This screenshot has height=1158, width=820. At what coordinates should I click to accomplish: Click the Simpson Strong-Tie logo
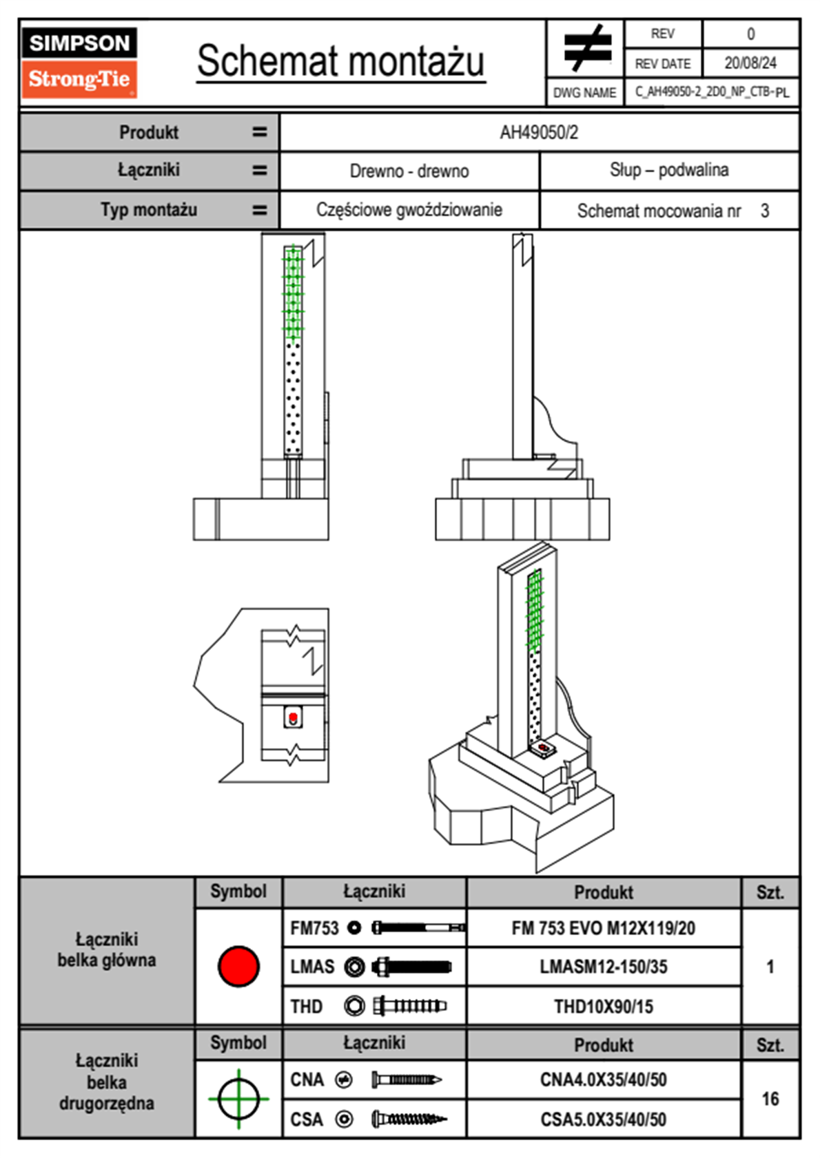point(79,63)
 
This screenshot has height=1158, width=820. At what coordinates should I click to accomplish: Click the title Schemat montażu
point(340,61)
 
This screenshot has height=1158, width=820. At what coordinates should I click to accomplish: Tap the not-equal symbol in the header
point(586,48)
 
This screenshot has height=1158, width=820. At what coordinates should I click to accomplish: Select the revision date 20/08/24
point(750,63)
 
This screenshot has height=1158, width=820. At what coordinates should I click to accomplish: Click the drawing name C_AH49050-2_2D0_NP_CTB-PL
point(712,92)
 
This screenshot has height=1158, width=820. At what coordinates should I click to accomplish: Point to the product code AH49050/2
point(539,132)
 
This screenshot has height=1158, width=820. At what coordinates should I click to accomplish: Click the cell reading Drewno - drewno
point(409,171)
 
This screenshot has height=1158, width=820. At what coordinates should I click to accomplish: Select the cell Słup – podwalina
point(668,170)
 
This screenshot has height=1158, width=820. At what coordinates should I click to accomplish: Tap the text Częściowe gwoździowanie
point(409,210)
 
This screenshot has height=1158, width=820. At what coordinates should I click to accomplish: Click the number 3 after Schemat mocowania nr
point(764,211)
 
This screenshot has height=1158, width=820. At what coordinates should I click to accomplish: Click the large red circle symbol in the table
point(238,966)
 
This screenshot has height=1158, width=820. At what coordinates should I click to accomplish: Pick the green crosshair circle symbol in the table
point(238,1099)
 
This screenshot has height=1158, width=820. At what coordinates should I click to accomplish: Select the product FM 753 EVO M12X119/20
point(603,928)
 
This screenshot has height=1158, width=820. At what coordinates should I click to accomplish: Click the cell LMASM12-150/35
point(603,967)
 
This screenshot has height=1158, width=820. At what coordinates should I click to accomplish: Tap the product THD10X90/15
point(603,1007)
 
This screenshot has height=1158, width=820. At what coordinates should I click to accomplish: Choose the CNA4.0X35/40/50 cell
point(603,1080)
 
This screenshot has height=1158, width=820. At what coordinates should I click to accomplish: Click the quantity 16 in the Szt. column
point(770,1099)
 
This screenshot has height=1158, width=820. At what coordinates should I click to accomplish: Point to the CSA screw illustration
point(408,1119)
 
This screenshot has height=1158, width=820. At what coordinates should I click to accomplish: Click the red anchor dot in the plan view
point(293,717)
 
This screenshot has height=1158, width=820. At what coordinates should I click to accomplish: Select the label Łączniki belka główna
point(107,949)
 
